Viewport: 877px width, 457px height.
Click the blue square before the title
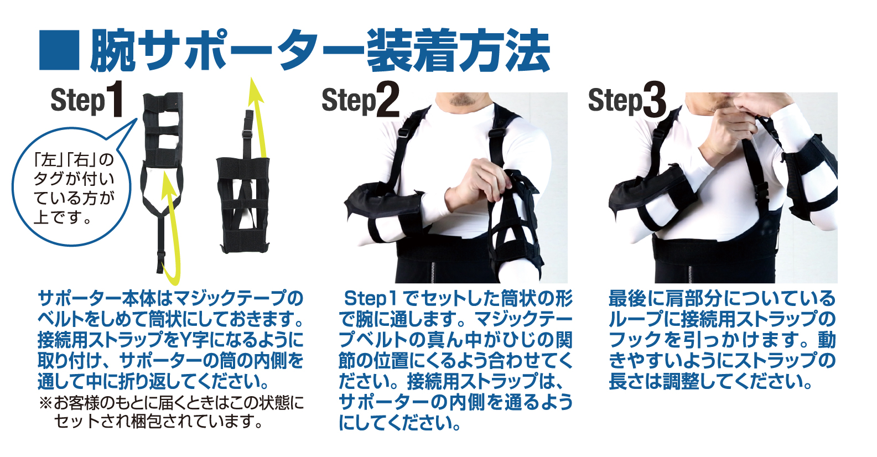tap(60, 50)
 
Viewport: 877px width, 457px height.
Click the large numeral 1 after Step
tap(116, 98)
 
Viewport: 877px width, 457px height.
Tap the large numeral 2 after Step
tap(388, 100)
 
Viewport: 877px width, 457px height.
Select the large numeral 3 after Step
tap(654, 100)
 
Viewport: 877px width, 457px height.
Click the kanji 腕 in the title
tap(113, 50)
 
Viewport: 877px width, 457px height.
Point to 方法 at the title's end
tap(505, 50)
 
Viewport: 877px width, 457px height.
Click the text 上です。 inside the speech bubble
tap(63, 217)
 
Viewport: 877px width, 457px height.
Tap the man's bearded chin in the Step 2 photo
tap(463, 100)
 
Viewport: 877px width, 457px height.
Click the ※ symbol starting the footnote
tap(46, 403)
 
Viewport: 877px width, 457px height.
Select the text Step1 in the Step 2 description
tap(371, 299)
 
